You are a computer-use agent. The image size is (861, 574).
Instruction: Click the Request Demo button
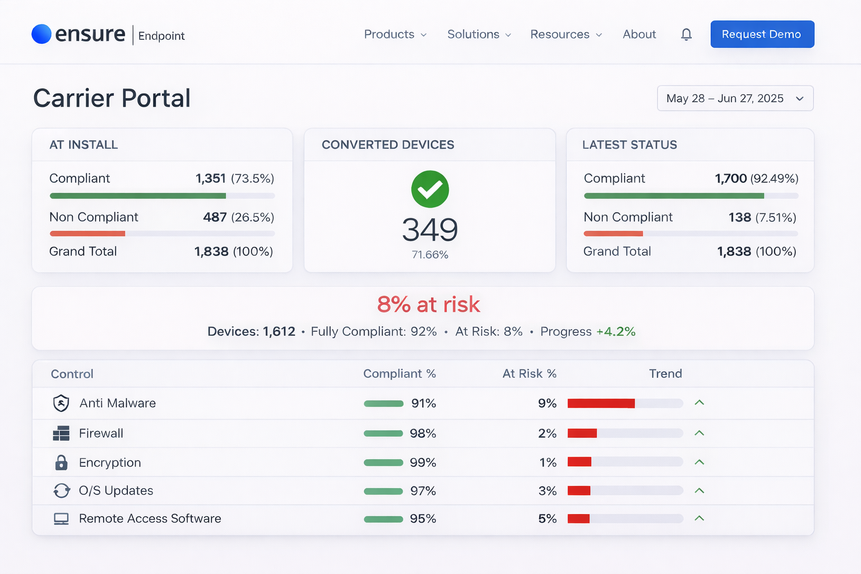tap(762, 34)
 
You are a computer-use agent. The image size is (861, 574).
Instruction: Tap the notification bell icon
tap(686, 35)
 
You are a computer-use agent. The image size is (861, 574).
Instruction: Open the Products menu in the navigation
tap(395, 34)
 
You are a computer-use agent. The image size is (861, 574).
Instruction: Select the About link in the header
tap(639, 34)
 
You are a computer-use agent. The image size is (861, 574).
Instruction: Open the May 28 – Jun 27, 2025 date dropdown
tap(735, 99)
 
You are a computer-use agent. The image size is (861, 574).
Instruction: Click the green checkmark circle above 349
tap(430, 189)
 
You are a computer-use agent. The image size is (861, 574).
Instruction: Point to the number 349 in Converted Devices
tap(430, 229)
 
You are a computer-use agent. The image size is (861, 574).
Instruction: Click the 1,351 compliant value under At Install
tap(211, 178)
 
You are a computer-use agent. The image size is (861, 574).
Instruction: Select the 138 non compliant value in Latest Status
tap(739, 217)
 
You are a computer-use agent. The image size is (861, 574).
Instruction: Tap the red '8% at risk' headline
tap(429, 304)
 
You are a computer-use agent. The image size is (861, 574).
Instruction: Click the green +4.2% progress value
tap(615, 331)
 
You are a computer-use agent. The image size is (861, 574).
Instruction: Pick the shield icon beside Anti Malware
tap(61, 403)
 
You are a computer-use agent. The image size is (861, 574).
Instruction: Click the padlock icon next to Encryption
tap(61, 462)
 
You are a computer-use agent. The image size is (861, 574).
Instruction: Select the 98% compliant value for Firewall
tap(423, 433)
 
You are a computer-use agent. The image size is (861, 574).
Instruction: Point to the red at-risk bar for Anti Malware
tap(601, 404)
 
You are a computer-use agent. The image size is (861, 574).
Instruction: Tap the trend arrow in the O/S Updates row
tap(699, 490)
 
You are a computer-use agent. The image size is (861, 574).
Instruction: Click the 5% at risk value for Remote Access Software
tap(547, 519)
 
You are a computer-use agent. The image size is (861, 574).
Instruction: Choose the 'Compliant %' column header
tap(399, 374)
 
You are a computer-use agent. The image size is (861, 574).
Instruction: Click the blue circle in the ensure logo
tap(41, 34)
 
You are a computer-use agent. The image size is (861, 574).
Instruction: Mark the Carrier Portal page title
tap(112, 98)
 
